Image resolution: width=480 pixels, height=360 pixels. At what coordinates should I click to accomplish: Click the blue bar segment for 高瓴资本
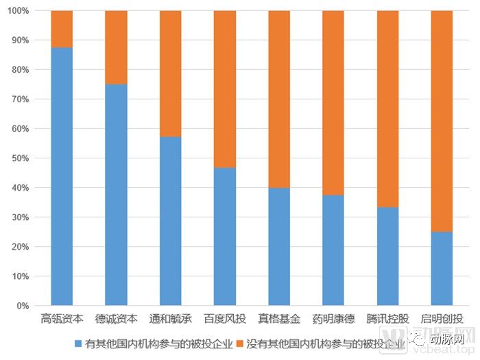coord(62,176)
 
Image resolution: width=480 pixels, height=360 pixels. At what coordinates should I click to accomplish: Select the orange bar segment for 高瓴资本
coord(62,29)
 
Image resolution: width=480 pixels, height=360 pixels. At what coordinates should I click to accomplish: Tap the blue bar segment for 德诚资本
coord(116,195)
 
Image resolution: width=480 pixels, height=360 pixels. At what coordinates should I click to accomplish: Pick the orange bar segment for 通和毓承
coord(170,73)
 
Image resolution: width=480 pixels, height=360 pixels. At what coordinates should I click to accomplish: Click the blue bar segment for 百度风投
coord(224,237)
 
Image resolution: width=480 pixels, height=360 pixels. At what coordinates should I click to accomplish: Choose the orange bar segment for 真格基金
coord(278,99)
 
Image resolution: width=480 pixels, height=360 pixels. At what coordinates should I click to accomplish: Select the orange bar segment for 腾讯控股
coord(387,109)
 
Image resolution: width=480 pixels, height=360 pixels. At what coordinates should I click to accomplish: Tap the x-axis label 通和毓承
coord(170,319)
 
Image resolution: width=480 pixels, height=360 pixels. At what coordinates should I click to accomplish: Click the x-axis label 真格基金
coord(278,319)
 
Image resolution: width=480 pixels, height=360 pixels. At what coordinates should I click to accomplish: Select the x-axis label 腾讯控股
coord(387,319)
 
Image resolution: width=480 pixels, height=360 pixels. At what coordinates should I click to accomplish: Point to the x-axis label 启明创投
coord(442,319)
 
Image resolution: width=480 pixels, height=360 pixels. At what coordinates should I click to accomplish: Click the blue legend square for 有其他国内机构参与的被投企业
coord(77,342)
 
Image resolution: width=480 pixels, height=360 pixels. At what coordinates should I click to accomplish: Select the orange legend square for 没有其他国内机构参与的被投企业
coord(240,342)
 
